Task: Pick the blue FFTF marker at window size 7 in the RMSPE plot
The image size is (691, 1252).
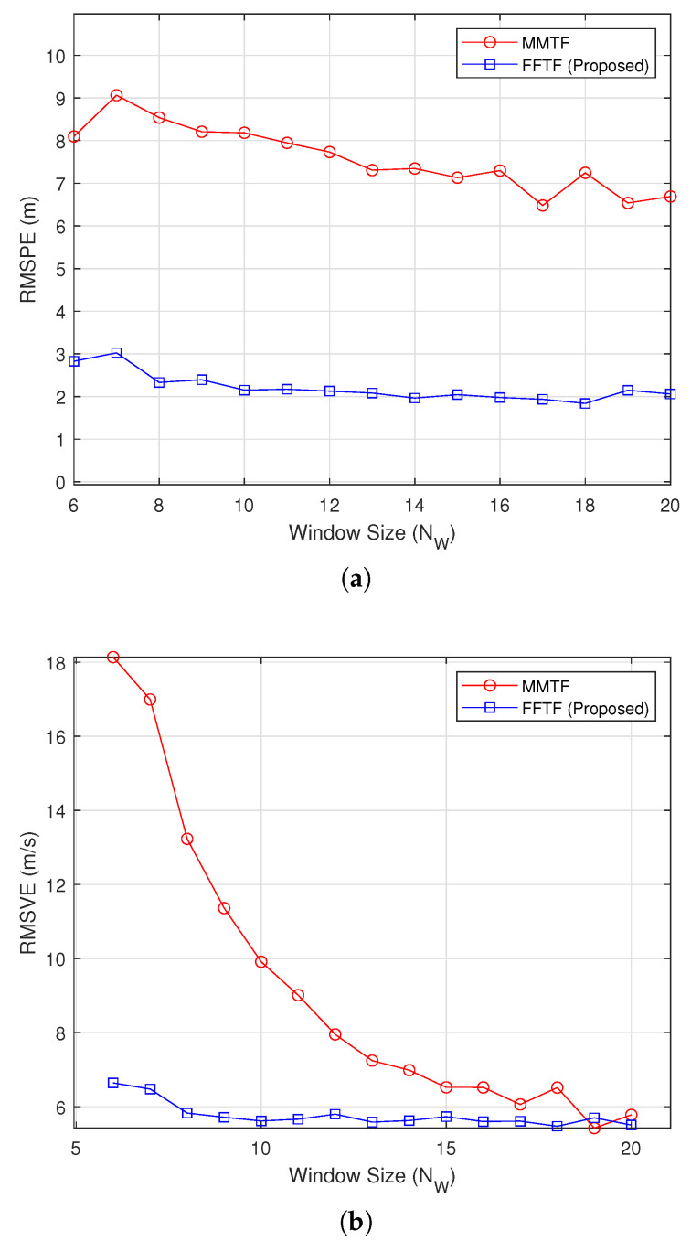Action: coord(116,353)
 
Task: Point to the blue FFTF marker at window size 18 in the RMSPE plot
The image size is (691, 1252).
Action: coord(585,403)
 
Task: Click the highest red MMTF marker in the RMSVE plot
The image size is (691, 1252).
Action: coord(112,657)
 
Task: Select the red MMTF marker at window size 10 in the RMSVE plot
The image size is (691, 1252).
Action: coord(260,961)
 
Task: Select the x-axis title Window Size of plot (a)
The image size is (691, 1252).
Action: coord(371,533)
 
